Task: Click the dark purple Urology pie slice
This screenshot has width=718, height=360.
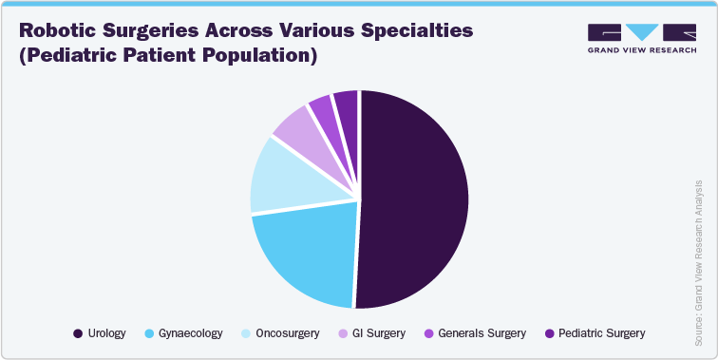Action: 413,199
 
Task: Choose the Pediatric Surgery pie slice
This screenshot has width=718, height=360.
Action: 346,104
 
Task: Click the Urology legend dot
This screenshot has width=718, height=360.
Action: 77,333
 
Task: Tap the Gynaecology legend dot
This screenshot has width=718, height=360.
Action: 150,333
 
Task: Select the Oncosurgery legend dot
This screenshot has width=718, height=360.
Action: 246,333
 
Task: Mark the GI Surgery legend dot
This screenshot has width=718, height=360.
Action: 342,333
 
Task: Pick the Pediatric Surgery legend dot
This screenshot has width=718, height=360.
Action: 550,333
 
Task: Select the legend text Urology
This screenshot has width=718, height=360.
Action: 106,333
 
